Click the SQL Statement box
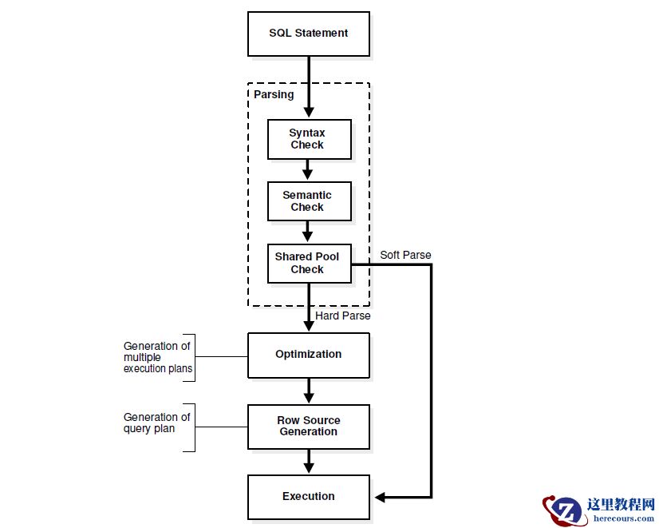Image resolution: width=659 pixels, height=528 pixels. [x=308, y=34]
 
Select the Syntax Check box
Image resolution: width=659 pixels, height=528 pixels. [x=308, y=139]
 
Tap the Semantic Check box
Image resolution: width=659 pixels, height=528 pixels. [x=308, y=200]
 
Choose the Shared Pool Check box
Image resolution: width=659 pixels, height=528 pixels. [x=308, y=263]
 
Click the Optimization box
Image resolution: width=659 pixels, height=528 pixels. [x=308, y=355]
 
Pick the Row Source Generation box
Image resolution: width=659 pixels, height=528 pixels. [x=308, y=426]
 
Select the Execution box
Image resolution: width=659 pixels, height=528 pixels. [x=308, y=497]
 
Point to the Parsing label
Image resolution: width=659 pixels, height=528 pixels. [x=274, y=94]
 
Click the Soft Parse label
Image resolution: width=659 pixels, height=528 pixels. [x=405, y=255]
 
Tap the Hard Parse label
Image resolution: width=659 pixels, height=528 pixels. [x=343, y=316]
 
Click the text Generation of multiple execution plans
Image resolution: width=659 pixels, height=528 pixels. [x=157, y=358]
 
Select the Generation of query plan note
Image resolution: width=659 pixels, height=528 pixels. [x=156, y=423]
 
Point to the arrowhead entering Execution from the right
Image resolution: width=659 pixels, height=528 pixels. [x=381, y=497]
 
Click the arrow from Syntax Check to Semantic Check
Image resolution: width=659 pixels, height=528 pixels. [x=308, y=169]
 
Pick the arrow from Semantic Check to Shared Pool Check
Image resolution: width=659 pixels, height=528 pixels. [x=308, y=232]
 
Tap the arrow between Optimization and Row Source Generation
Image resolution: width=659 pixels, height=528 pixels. [x=308, y=391]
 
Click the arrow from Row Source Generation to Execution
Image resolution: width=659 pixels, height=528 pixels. [x=308, y=462]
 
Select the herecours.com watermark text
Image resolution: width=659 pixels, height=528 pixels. [x=624, y=518]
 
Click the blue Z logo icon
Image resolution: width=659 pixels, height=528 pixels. [x=567, y=510]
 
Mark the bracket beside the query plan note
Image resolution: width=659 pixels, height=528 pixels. [x=192, y=427]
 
